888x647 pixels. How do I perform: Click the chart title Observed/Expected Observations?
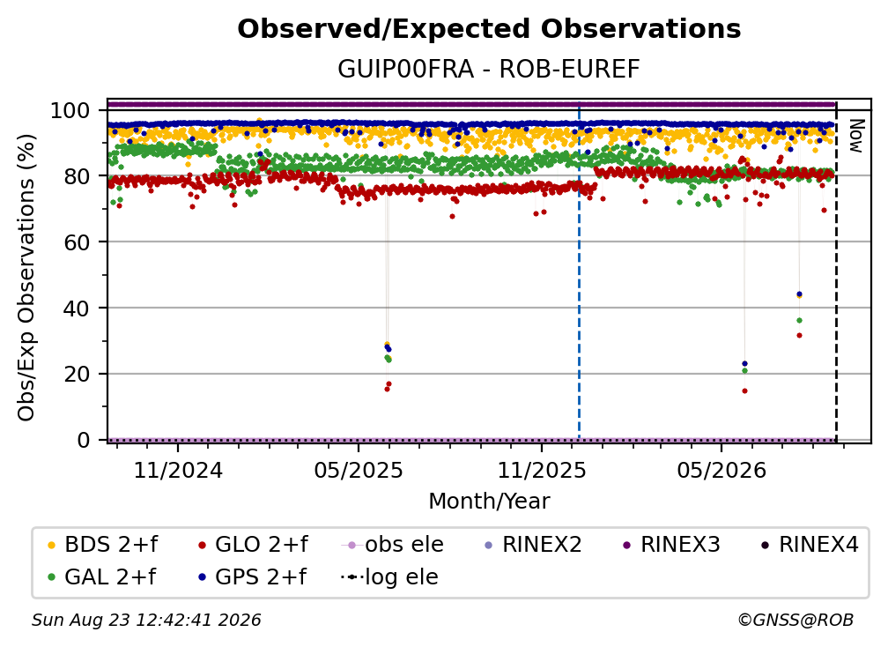tap(489, 29)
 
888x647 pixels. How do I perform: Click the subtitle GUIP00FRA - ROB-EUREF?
tap(489, 69)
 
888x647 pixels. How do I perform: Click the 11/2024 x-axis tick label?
tap(178, 470)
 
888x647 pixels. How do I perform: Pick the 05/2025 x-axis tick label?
tap(359, 470)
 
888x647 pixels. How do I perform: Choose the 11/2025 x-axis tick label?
tap(542, 470)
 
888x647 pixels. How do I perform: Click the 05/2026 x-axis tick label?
tap(721, 470)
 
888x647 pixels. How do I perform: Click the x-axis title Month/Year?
tap(489, 502)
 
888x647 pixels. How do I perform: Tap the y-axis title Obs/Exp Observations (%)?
tap(26, 278)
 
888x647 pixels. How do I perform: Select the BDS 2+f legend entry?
tap(102, 545)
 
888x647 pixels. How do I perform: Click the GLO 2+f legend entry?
tap(253, 545)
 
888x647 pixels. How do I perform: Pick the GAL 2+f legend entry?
tap(101, 577)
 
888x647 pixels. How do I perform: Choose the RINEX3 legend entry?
tap(671, 545)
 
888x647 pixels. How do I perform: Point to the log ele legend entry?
tap(389, 577)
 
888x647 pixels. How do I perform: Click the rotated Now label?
tap(855, 136)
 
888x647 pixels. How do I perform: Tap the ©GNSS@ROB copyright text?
tap(795, 621)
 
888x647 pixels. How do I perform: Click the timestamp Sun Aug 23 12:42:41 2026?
tap(146, 621)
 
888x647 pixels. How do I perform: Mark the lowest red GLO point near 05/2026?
tap(744, 390)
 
